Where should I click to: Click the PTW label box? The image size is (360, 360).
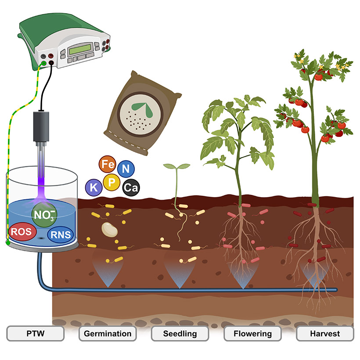click(x=36, y=334)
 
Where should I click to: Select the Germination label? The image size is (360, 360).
click(x=108, y=334)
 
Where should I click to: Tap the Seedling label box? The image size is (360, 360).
click(x=180, y=334)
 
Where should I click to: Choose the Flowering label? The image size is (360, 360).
click(x=252, y=334)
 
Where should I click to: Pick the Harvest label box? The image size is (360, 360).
click(x=325, y=334)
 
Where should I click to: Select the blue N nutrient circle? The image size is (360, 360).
click(x=126, y=168)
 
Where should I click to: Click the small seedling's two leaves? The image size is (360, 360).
click(x=176, y=166)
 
